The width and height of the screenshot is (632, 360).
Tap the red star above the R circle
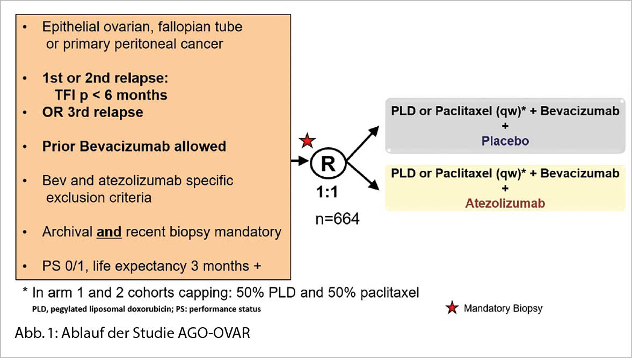click(307, 141)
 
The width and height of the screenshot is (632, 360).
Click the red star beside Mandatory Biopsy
click(452, 308)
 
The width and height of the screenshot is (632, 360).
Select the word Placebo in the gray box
click(505, 141)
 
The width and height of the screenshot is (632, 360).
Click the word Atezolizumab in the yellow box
click(505, 204)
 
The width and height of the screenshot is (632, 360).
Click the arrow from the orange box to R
click(300, 160)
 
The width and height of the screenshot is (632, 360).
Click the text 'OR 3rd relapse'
click(92, 113)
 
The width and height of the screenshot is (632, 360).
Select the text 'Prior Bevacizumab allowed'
click(134, 146)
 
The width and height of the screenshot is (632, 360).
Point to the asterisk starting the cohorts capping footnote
click(26, 293)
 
